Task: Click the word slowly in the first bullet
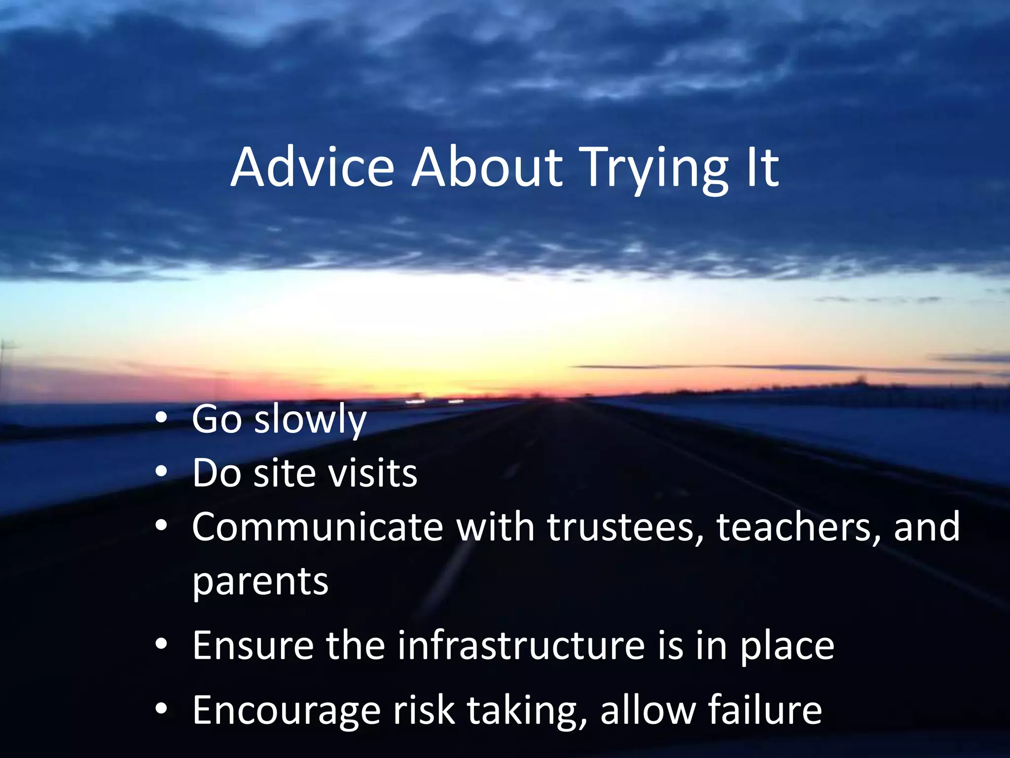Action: pos(310,419)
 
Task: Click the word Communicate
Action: pos(318,527)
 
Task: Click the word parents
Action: pos(260,582)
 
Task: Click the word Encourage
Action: pos(287,711)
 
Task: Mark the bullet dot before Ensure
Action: pos(161,645)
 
